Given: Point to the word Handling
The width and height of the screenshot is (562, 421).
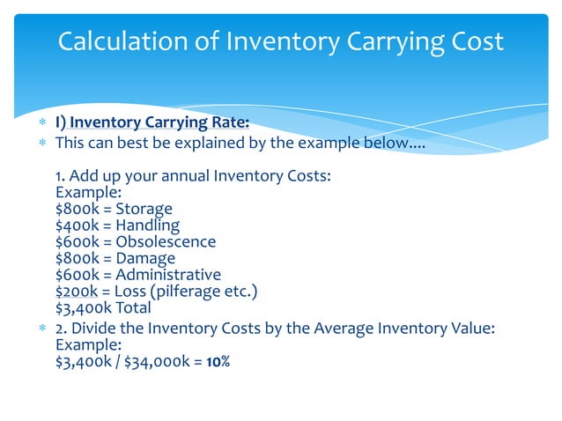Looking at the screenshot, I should click(147, 225).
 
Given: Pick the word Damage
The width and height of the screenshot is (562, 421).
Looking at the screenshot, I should click(144, 258).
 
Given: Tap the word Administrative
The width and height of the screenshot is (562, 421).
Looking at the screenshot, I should click(167, 275).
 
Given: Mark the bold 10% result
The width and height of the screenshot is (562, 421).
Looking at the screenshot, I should click(218, 361).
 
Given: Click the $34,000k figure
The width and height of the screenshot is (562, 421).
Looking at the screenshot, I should click(157, 361).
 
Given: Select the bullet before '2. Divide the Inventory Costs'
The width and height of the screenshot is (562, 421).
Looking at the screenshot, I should click(41, 329).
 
